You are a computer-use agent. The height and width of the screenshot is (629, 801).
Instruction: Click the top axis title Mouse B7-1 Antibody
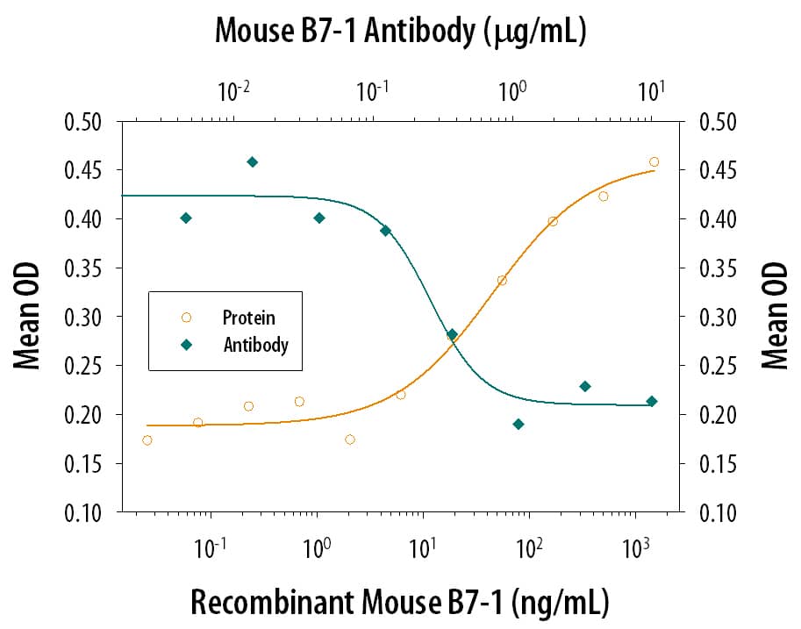400,32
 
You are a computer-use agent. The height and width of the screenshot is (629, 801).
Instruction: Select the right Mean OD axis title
774,316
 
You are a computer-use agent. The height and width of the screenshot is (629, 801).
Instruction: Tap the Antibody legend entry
254,345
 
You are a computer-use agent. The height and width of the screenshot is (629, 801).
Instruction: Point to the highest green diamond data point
253,161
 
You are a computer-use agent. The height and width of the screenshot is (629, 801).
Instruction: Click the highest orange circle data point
654,161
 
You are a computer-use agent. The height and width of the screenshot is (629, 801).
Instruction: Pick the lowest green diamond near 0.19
519,425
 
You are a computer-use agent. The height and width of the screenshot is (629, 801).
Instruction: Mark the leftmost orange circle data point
147,440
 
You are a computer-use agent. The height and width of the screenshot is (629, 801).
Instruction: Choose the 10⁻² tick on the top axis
233,92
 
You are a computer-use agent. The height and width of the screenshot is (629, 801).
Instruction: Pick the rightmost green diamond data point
651,401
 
